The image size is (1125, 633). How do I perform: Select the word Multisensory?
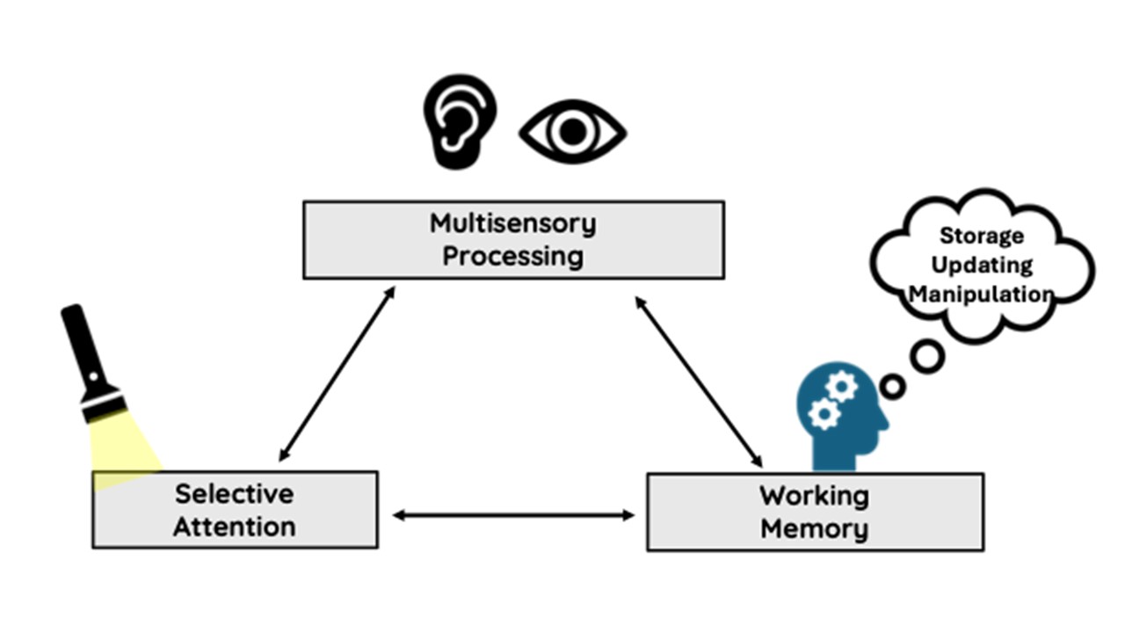[512, 223]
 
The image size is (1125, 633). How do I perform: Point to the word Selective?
[234, 493]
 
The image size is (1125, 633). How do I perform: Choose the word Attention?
[234, 527]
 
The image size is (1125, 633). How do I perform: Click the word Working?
[814, 495]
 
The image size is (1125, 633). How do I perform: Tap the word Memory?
[814, 529]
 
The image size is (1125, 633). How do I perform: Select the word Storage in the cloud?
[982, 236]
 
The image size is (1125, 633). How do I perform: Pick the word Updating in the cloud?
[982, 265]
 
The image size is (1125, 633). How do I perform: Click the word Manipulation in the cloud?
[982, 294]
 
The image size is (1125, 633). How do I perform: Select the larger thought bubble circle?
[926, 356]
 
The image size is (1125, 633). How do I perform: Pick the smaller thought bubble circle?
[892, 386]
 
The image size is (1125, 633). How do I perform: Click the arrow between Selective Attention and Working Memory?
[513, 515]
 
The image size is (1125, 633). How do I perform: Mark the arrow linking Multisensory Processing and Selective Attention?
[337, 373]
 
